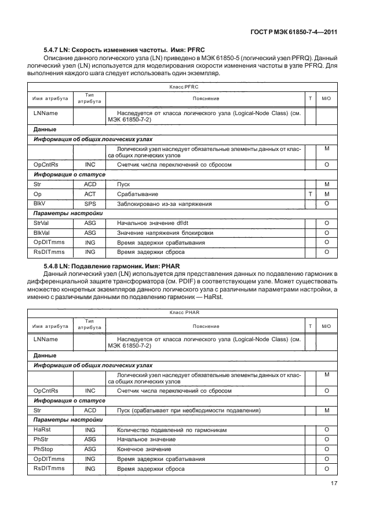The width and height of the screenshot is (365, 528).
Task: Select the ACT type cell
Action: pos(90,194)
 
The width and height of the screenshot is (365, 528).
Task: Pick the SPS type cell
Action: pos(90,204)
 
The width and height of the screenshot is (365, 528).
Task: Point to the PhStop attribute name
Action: pos(43,449)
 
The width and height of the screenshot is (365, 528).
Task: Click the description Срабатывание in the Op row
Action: pos(138,194)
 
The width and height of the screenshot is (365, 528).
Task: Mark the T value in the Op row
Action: pos(311,194)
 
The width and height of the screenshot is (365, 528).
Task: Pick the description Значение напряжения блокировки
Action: pos(165,232)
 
